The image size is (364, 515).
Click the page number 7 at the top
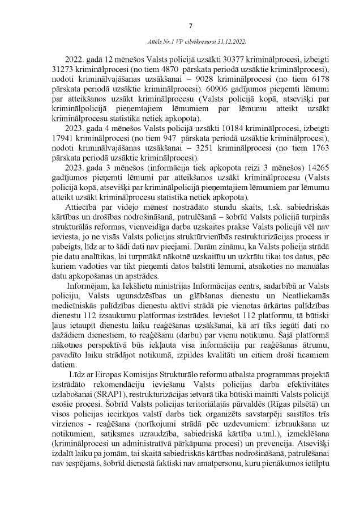pyautogui.click(x=190, y=25)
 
